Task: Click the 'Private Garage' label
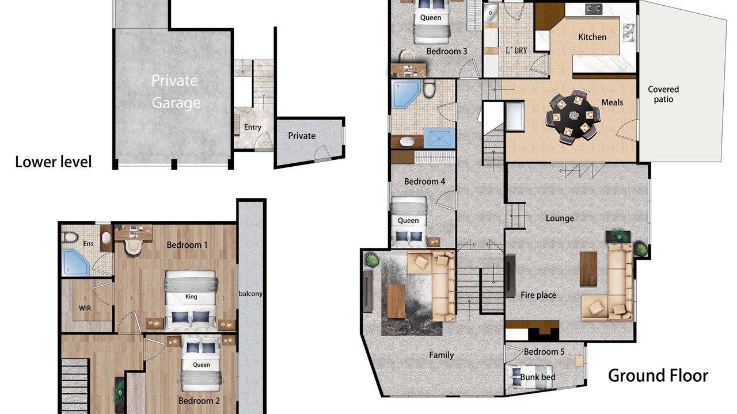(176, 91)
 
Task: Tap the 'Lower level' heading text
(54, 162)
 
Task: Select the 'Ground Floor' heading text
(658, 375)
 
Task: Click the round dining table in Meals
(573, 116)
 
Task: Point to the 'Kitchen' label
(592, 37)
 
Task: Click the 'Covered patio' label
(663, 94)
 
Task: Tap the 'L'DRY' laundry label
(516, 50)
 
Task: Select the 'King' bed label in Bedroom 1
(191, 297)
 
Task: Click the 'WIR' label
(85, 308)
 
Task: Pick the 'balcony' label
(250, 294)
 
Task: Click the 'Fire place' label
(538, 295)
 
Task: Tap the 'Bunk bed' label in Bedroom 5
(538, 377)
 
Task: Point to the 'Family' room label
(441, 355)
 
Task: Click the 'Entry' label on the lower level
(252, 127)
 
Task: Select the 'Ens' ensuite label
(88, 243)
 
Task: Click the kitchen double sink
(628, 33)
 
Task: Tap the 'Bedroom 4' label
(424, 181)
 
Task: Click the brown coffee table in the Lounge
(588, 269)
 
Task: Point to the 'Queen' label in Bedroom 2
(202, 365)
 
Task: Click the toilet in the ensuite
(70, 237)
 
